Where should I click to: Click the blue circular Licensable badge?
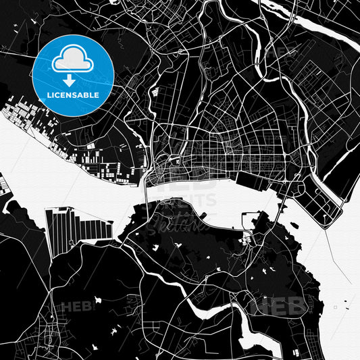click(73, 73)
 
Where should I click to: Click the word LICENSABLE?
click(73, 95)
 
